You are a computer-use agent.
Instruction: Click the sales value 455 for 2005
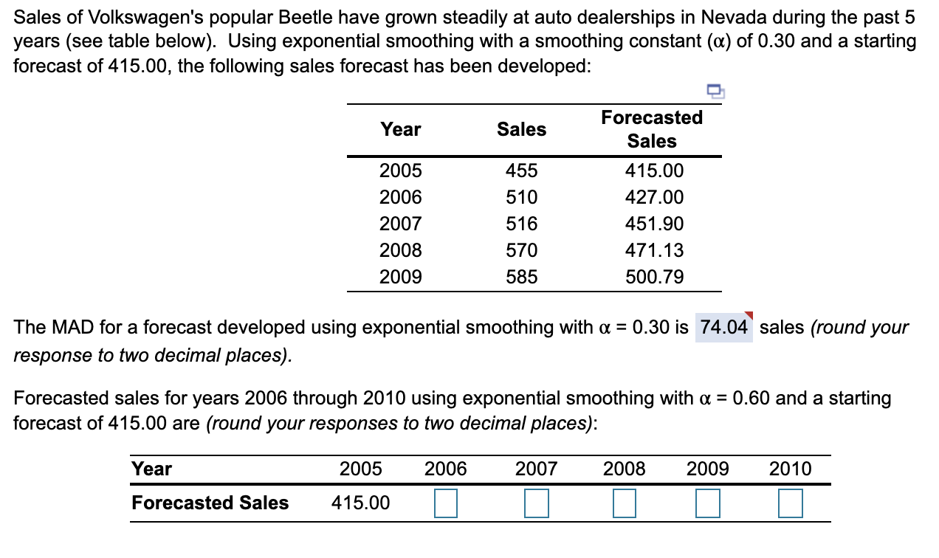tap(521, 171)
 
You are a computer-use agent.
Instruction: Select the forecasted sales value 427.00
tap(654, 198)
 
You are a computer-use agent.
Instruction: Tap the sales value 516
tap(521, 224)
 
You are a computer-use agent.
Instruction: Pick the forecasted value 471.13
tap(654, 251)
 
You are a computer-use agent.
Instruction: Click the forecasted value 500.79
tap(654, 278)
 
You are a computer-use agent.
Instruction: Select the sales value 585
tap(521, 278)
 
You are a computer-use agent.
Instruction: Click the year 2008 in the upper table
tap(401, 251)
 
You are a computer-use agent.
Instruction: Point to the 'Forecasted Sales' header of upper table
tap(652, 129)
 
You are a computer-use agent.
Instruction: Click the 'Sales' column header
tap(521, 130)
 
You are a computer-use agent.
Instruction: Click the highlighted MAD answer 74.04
tap(723, 327)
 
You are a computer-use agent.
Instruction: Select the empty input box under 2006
tap(446, 504)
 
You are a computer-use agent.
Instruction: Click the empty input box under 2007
tap(536, 504)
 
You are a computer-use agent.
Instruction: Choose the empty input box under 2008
tap(625, 504)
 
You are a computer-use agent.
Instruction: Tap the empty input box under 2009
tap(708, 504)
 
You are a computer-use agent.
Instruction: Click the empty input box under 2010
tap(790, 504)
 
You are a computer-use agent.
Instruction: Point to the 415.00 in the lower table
tap(361, 503)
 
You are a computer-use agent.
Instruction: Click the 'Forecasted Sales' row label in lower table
tap(210, 503)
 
